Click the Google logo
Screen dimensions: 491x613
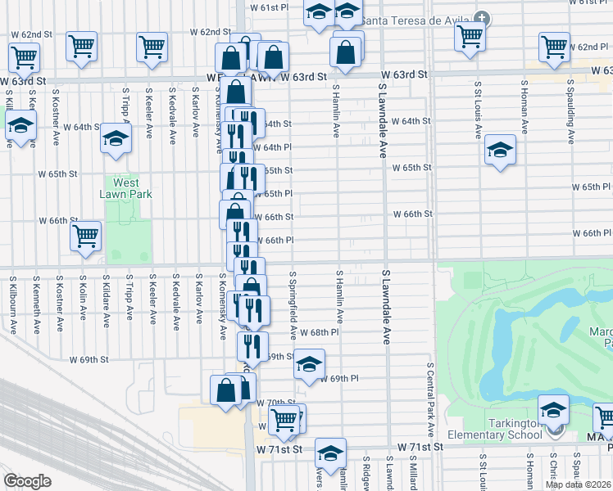(27, 480)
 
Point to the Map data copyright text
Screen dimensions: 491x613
(579, 484)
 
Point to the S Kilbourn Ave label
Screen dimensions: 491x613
(13, 304)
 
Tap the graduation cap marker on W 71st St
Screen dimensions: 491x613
(330, 453)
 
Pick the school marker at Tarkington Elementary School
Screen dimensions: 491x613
(553, 408)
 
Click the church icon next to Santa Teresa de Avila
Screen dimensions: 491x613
(483, 19)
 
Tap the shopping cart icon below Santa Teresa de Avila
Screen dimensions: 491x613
(469, 35)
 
